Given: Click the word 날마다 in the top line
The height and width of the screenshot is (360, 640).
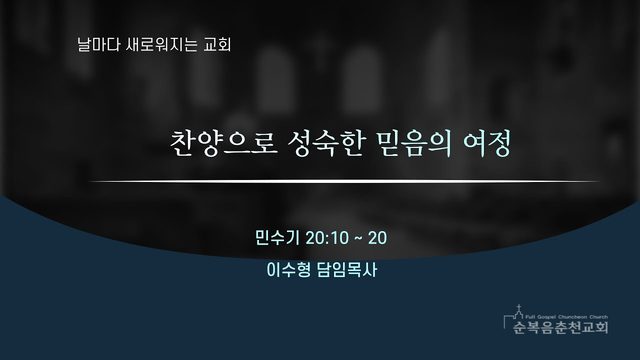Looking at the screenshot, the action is (x=93, y=44).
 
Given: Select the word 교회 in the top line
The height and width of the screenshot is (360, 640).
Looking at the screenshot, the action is (x=218, y=44).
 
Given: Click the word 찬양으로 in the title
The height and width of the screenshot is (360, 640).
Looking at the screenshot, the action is (x=224, y=144).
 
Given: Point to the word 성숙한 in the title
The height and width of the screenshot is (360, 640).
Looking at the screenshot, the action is (x=325, y=144).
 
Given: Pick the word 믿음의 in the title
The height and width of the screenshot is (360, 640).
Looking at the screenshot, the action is (x=413, y=144).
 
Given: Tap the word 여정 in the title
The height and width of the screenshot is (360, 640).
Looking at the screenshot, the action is (x=487, y=144).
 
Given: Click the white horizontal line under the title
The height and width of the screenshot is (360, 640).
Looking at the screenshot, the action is (x=344, y=181).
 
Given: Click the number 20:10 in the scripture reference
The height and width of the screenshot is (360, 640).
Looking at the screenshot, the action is (x=327, y=238).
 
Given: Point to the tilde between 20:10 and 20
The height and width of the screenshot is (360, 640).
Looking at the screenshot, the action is (x=358, y=238).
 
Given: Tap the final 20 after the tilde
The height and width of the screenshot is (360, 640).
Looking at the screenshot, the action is (x=378, y=238).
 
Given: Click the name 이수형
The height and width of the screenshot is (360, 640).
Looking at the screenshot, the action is (x=289, y=270).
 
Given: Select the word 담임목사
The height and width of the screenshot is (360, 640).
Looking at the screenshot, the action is (x=347, y=270).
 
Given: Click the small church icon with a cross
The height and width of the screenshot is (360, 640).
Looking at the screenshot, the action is (x=514, y=316).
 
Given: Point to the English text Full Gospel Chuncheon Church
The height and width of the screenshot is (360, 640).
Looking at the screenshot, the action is (x=567, y=317).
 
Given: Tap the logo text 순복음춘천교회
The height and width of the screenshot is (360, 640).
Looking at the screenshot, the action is (x=560, y=327).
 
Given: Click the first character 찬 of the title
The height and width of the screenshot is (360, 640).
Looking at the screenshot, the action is (x=183, y=144).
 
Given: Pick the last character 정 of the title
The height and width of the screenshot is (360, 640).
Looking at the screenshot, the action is (x=499, y=144).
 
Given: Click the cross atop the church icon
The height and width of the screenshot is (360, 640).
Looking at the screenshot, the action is (x=519, y=307).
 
